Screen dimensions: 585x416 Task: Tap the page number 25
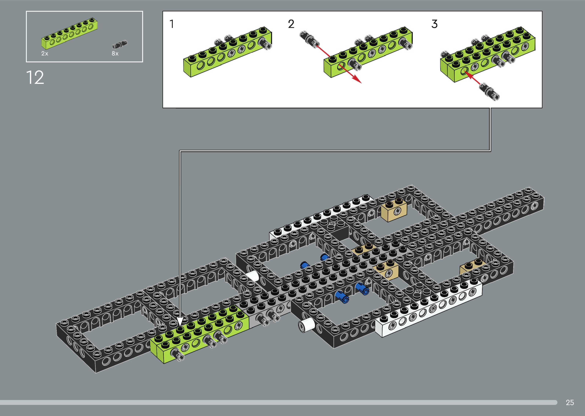click(570, 402)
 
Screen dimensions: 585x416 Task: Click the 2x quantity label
click(45, 54)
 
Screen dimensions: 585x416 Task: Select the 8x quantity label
click(115, 54)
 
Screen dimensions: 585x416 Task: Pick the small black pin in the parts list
click(120, 44)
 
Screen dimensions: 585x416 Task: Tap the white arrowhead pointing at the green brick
click(180, 322)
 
